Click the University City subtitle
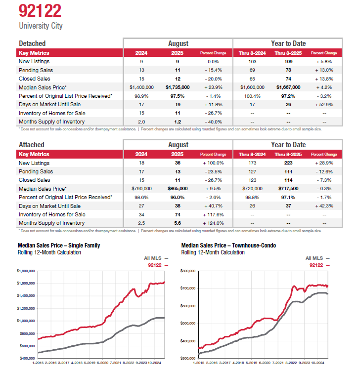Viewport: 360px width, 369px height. [41, 26]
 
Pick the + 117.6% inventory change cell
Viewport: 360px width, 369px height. [213, 214]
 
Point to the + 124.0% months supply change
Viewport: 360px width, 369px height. [213, 223]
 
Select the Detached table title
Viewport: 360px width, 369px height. [32, 43]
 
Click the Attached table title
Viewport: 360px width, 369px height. [31, 145]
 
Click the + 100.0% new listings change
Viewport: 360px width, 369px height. [213, 163]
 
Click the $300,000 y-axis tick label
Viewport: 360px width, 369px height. [188, 358]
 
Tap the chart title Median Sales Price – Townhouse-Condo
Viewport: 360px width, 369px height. [228, 245]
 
